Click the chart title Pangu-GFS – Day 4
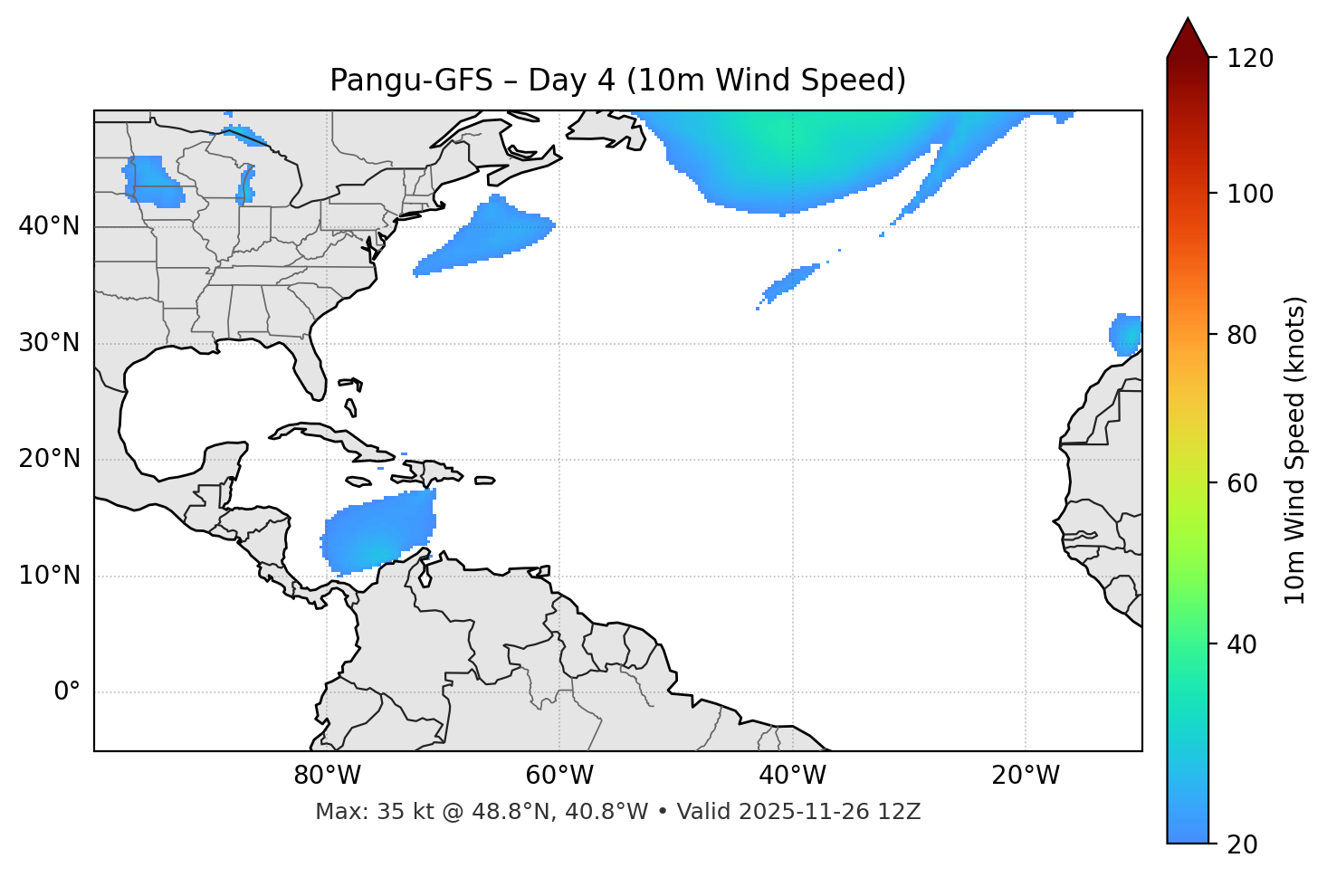(x=617, y=81)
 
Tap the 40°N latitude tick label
(x=49, y=226)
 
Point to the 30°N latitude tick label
(x=49, y=343)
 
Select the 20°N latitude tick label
(x=49, y=459)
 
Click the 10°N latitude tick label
(x=49, y=576)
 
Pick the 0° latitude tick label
(x=67, y=692)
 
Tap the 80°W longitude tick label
(x=327, y=776)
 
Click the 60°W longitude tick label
(x=559, y=776)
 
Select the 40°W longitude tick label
(x=792, y=776)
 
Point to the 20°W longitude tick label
(x=1026, y=776)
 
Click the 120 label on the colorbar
(x=1250, y=59)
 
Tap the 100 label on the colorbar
(x=1250, y=194)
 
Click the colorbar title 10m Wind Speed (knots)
(x=1295, y=450)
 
